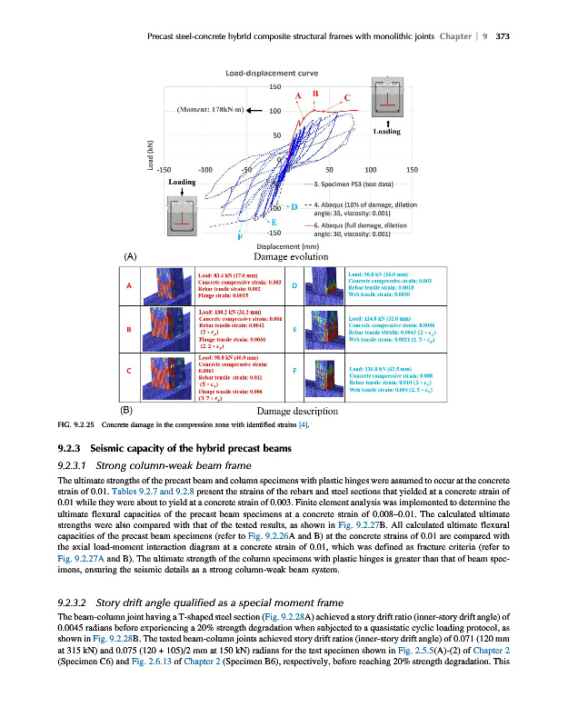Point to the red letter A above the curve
pos(298,96)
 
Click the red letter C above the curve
pos(347,98)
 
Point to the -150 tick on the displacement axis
pos(164,169)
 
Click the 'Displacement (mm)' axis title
pos(288,246)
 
